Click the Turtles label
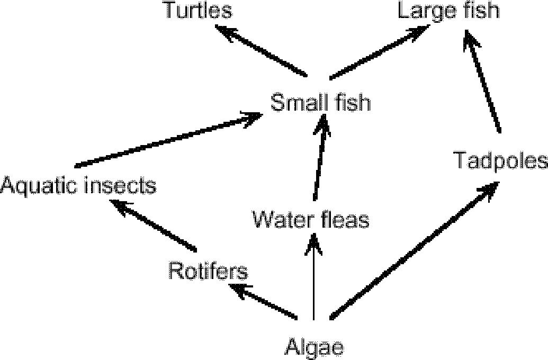click(x=199, y=11)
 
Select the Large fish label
click(x=449, y=11)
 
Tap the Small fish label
click(x=320, y=102)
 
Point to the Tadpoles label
click(x=500, y=160)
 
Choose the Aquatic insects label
click(x=78, y=186)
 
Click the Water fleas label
click(x=310, y=219)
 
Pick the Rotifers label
click(x=208, y=271)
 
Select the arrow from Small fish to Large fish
click(x=379, y=52)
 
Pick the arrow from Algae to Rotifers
click(x=263, y=301)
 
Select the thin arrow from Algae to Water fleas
click(x=315, y=278)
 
